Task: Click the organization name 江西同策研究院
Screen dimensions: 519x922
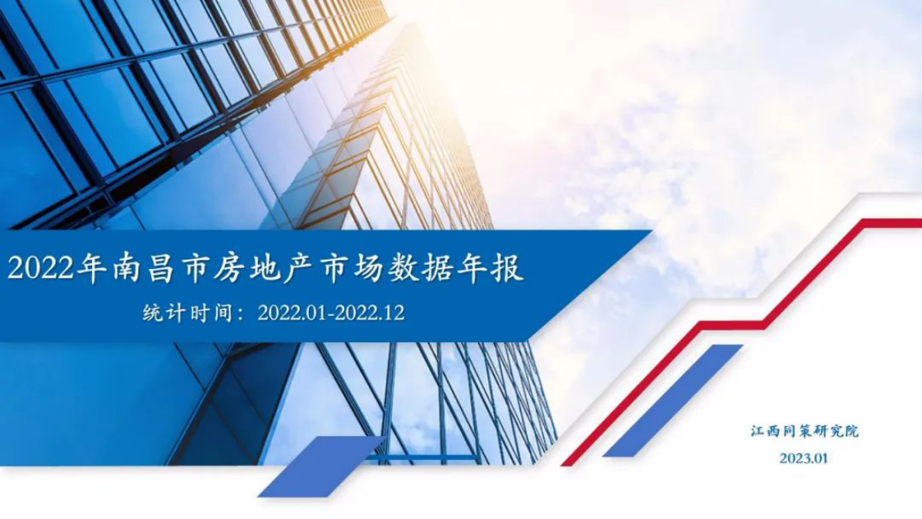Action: click(x=804, y=431)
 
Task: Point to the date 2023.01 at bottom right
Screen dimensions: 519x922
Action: click(x=804, y=458)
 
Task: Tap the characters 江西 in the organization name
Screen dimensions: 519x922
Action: click(x=763, y=431)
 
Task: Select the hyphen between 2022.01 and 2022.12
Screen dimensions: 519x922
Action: click(x=331, y=314)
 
